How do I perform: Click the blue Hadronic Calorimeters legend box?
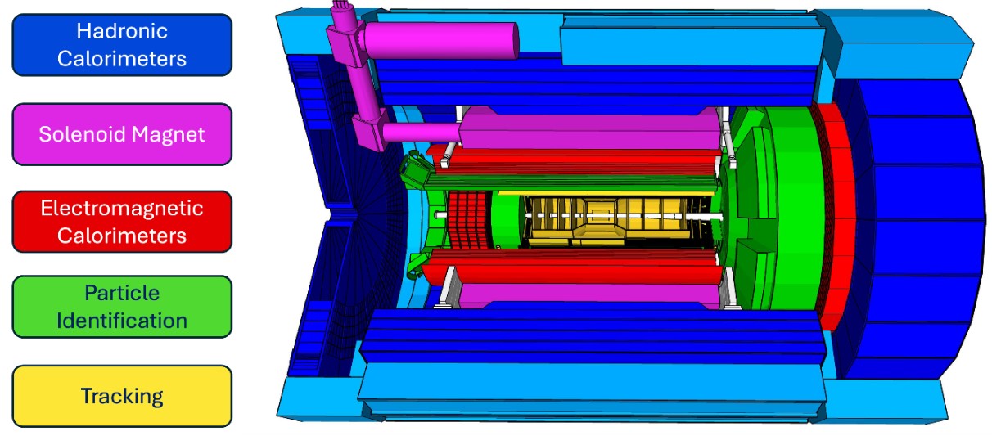(x=122, y=45)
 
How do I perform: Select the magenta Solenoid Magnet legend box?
(x=122, y=134)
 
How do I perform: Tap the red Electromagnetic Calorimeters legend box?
(x=122, y=222)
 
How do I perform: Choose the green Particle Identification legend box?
(x=122, y=307)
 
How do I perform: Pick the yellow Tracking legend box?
(x=122, y=396)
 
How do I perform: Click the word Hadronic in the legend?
(x=122, y=31)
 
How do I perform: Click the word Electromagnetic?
(x=122, y=208)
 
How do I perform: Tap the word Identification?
(x=122, y=321)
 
